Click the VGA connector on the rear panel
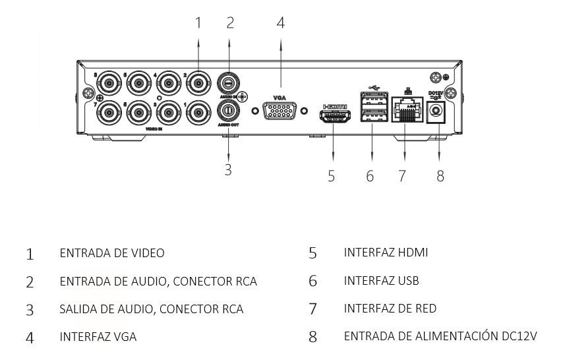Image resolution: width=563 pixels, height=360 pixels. [x=280, y=110]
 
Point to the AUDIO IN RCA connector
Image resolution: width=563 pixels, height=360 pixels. [x=228, y=84]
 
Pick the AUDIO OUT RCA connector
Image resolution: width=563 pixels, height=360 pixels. [x=228, y=109]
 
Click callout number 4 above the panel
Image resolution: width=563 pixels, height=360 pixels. [x=281, y=22]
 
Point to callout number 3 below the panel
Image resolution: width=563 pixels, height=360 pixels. [x=228, y=169]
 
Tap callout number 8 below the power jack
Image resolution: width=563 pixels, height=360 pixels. [x=440, y=175]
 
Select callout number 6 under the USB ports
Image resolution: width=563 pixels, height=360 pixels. [x=370, y=175]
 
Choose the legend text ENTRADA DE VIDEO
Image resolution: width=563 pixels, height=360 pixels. [x=111, y=253]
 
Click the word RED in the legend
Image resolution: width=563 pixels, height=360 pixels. [x=425, y=309]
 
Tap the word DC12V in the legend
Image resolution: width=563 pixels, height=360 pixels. [x=521, y=336]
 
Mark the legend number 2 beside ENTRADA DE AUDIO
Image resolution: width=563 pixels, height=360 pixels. [x=30, y=282]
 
